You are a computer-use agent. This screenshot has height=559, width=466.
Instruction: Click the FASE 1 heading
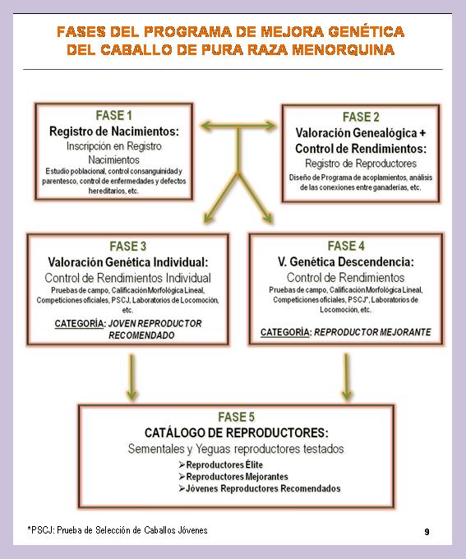[x=113, y=116]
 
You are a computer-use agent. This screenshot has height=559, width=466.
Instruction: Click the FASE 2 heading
[x=361, y=117]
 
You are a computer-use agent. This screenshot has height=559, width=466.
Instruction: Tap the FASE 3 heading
[x=128, y=247]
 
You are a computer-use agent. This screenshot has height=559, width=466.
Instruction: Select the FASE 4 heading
[x=346, y=246]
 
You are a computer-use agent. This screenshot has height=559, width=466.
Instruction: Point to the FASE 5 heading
[x=237, y=417]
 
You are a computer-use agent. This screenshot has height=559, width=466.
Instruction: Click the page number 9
[x=427, y=532]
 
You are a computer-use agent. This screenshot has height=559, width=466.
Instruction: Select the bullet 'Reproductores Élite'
[x=221, y=465]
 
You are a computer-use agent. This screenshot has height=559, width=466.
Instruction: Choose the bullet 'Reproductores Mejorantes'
[x=233, y=477]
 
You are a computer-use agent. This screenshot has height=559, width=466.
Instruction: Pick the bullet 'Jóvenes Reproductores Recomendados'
[x=260, y=488]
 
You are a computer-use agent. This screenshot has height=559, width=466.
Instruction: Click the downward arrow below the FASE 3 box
[x=131, y=377]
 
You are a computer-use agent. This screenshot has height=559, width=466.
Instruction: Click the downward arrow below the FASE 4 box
[x=346, y=377]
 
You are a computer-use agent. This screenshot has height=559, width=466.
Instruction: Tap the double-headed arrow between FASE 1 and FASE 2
[x=238, y=126]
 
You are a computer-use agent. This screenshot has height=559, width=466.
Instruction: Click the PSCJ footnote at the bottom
[x=118, y=530]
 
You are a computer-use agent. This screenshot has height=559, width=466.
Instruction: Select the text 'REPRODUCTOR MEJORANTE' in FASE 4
[x=372, y=332]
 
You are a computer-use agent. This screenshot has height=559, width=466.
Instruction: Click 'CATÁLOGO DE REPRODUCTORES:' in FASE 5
[x=237, y=432]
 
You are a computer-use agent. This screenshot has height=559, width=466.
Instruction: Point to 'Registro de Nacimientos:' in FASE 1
[x=114, y=132]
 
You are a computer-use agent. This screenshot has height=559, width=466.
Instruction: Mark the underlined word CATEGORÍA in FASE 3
[x=79, y=323]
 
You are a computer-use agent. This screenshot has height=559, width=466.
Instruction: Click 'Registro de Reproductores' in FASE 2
[x=361, y=164]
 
